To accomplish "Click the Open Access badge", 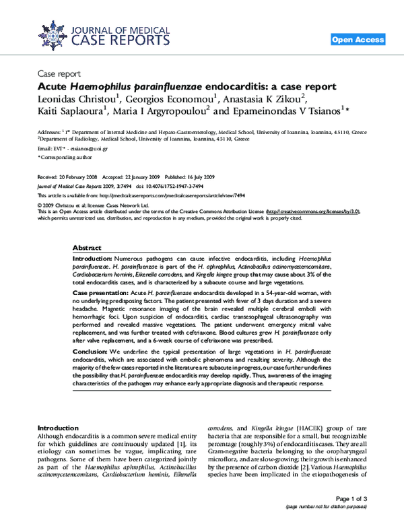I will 358,40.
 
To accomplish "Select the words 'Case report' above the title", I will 59,74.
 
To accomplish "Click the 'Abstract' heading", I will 87,248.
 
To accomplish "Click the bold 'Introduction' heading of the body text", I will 58,428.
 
